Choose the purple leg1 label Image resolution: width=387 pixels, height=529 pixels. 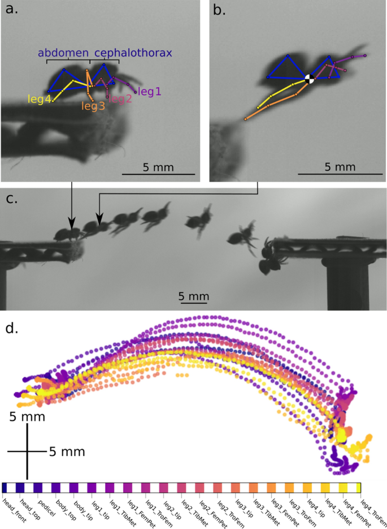[150, 91]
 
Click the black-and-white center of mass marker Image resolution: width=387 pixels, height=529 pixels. [309, 79]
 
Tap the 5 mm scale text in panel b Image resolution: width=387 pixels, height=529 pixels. [341, 167]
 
